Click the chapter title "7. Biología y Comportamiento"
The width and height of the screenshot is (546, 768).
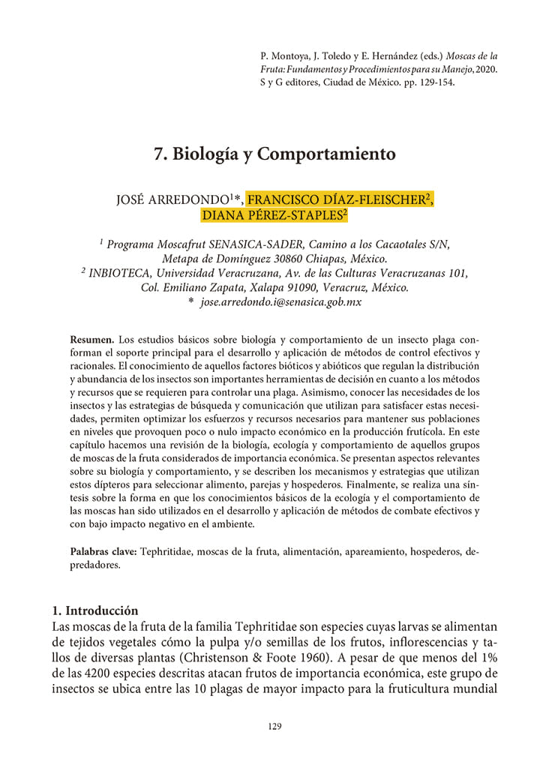[x=274, y=154]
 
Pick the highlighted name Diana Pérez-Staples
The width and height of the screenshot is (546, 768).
[x=274, y=215]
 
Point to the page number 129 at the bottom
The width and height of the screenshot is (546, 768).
[x=273, y=725]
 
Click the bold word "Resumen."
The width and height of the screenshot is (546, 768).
[x=92, y=340]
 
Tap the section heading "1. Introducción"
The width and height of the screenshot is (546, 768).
[x=95, y=610]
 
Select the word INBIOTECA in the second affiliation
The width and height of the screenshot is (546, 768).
[x=121, y=273]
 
